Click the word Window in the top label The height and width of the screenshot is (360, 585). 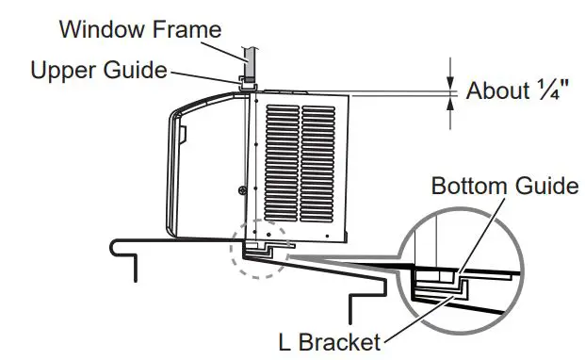tap(94, 28)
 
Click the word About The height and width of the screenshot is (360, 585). tap(497, 91)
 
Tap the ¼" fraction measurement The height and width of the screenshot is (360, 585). tap(551, 91)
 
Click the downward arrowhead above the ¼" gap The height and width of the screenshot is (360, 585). tap(450, 81)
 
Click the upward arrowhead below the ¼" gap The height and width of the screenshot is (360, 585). tap(450, 101)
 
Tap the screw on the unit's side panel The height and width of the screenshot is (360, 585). tap(242, 191)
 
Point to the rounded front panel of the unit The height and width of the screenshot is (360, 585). tap(185, 170)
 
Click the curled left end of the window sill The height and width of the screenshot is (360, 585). tap(117, 246)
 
